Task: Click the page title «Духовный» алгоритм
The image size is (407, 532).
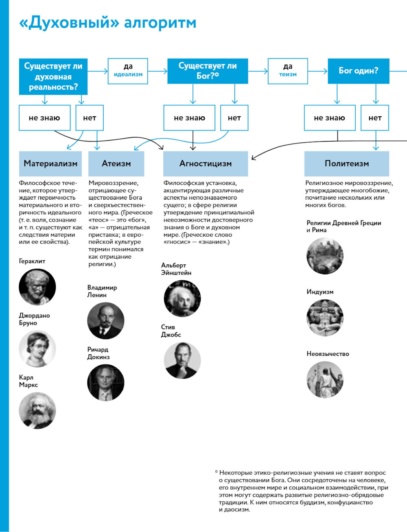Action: coord(107,23)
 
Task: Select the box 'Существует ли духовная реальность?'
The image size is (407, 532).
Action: coord(53,76)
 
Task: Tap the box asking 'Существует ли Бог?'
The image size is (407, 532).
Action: coord(208,71)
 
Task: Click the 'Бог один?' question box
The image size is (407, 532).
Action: coord(358,71)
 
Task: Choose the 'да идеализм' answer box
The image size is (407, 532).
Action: coord(128,71)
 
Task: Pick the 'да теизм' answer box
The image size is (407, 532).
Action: coord(288,71)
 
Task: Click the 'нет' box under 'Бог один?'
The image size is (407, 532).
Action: coord(375,118)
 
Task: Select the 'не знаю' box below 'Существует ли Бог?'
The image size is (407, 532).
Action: coord(189,118)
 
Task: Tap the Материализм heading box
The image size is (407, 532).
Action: coord(50,164)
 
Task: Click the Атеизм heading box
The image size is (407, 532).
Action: coord(116,164)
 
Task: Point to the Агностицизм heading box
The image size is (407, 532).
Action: coord(206,164)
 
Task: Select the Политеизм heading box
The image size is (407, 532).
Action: coord(347,164)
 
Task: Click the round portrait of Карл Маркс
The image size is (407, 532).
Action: coord(37,410)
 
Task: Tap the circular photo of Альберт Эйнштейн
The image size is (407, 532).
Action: coord(182,299)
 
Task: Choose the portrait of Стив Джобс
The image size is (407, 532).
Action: coord(182,360)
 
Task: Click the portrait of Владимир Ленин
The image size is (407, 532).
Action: coord(105,321)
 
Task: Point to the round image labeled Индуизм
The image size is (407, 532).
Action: coord(325,318)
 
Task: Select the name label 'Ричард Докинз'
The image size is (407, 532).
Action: coord(98,353)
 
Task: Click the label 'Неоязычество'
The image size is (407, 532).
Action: coord(328,354)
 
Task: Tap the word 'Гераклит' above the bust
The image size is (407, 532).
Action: coord(32,261)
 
